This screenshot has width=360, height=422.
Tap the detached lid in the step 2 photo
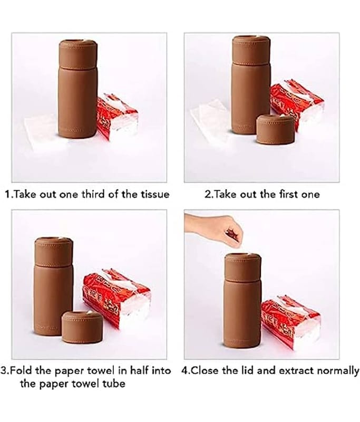pyautogui.click(x=276, y=129)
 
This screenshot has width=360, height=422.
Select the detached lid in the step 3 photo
pyautogui.click(x=82, y=327)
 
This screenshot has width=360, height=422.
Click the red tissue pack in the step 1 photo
pyautogui.click(x=117, y=117)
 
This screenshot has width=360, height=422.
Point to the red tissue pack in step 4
pyautogui.click(x=290, y=322)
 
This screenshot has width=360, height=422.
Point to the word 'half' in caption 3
pyautogui.click(x=140, y=371)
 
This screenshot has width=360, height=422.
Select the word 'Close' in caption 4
pyautogui.click(x=206, y=371)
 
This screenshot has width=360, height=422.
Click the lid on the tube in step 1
pyautogui.click(x=78, y=53)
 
